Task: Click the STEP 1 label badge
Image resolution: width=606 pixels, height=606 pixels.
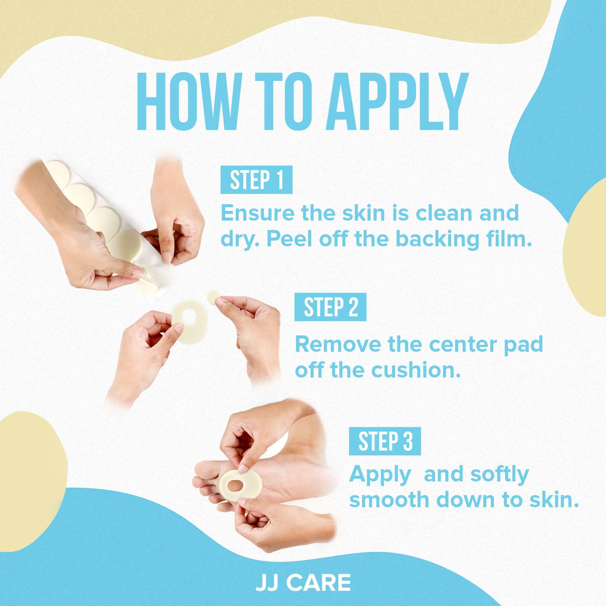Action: pos(256,179)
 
